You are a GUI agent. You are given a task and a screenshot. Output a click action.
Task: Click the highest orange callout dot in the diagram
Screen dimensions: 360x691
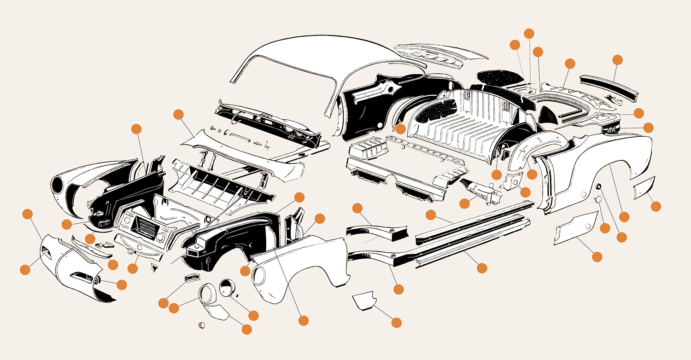point(529,33)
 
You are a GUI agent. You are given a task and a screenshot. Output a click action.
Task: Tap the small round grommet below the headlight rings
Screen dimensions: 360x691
point(201,325)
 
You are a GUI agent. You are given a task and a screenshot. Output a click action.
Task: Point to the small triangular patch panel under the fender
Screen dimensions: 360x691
point(364,302)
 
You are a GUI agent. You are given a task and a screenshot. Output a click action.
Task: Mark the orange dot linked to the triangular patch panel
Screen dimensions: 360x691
point(396,322)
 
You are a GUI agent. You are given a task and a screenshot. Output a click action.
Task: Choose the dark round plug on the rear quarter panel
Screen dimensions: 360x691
point(598,186)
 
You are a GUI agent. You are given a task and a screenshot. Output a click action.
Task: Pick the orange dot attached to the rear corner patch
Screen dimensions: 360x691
point(656,206)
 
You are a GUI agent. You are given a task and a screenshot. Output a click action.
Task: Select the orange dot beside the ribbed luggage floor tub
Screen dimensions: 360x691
point(400,129)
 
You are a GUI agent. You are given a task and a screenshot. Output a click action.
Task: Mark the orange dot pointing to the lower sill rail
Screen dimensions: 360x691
point(482,267)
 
